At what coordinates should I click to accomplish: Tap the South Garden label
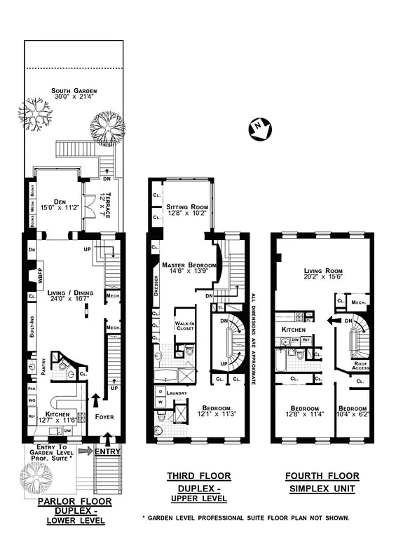coord(74,91)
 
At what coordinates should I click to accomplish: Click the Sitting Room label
coord(184,207)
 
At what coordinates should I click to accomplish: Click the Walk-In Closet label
coord(184,324)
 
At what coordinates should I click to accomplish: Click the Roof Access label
coord(362,364)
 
